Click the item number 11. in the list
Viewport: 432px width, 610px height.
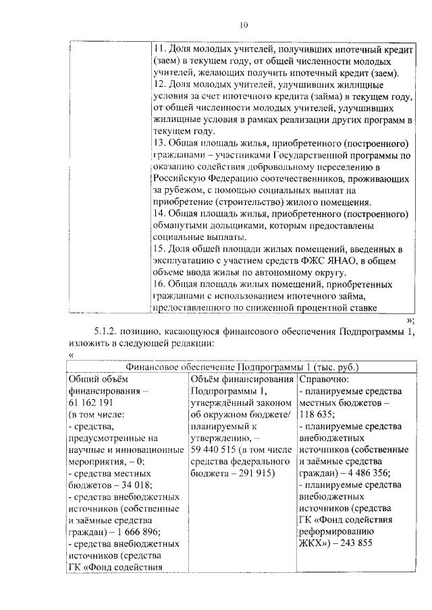click(x=159, y=49)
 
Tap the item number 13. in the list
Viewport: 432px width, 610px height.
click(x=160, y=144)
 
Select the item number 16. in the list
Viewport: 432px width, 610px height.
click(x=160, y=286)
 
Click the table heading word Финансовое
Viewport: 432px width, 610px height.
click(x=155, y=367)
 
